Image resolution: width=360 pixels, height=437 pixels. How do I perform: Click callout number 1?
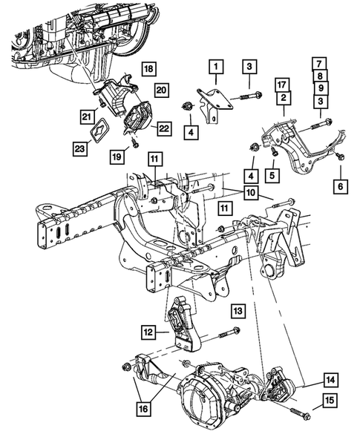(215, 71)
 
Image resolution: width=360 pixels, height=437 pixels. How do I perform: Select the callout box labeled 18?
(149, 69)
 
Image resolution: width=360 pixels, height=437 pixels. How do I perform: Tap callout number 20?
(160, 90)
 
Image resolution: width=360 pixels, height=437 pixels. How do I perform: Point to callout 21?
(87, 116)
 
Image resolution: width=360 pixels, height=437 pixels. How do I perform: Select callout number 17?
(281, 84)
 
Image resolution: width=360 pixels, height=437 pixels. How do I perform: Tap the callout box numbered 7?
(318, 63)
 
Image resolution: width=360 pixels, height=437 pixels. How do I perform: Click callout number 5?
(274, 175)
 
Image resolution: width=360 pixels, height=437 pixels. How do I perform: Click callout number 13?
(236, 309)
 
